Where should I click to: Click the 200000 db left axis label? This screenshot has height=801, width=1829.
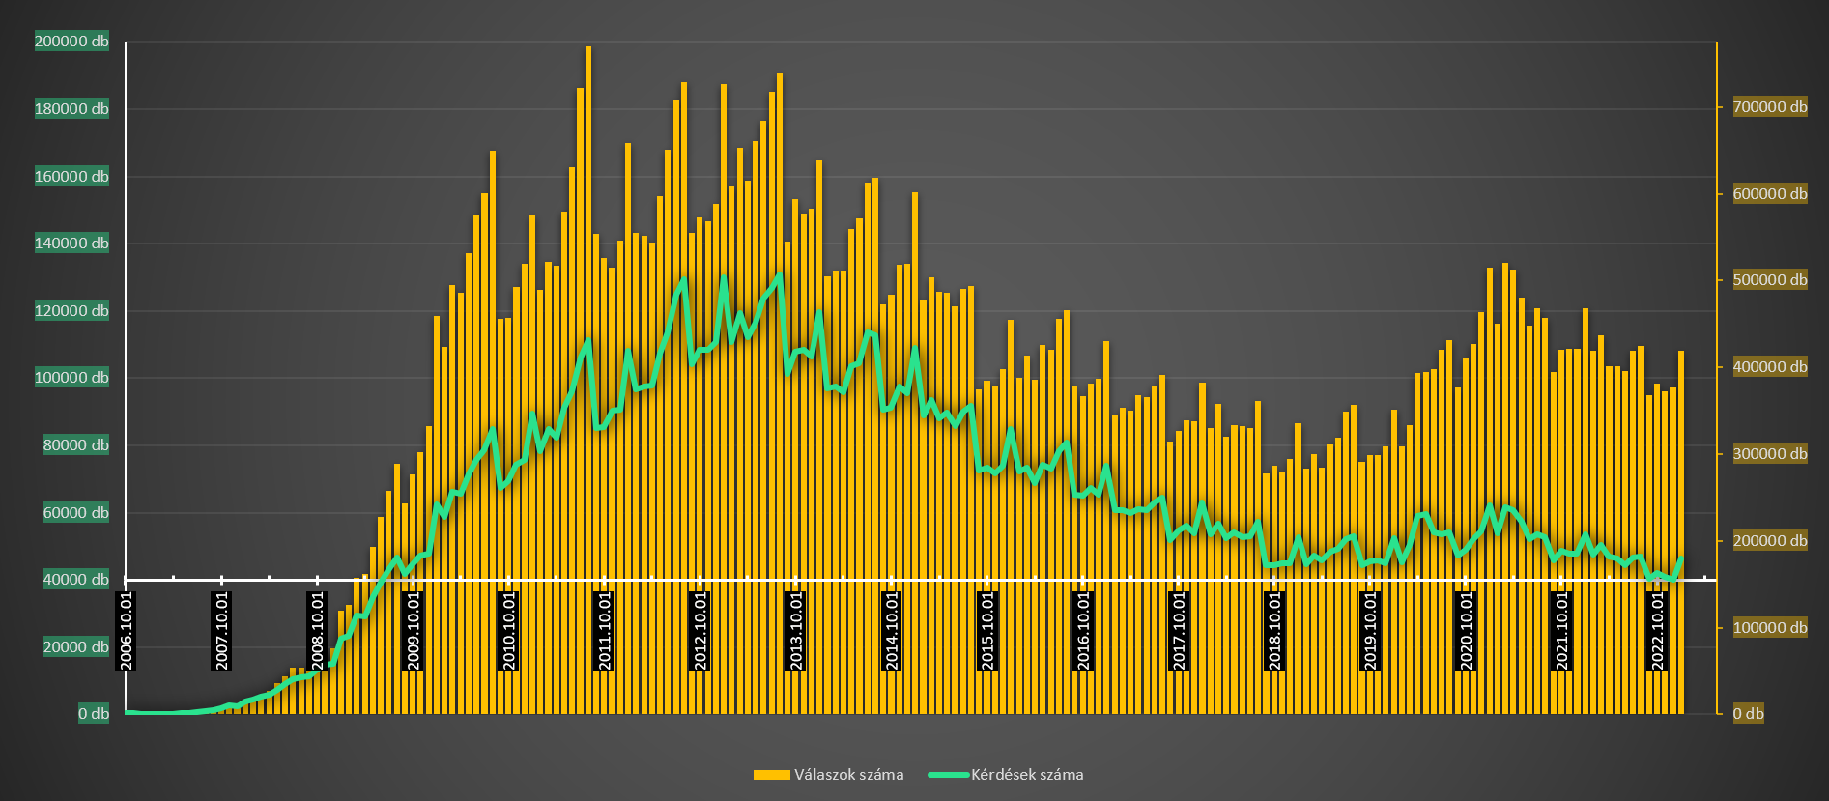point(71,42)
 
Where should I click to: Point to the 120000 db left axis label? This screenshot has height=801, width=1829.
point(71,310)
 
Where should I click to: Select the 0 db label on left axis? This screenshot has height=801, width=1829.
point(94,714)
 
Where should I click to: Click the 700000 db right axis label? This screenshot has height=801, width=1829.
point(1770,107)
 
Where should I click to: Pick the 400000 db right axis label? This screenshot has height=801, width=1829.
point(1770,367)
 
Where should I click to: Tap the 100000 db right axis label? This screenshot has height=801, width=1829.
point(1770,628)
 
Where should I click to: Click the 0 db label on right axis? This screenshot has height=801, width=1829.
point(1748,714)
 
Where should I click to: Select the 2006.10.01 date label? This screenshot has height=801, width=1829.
point(127,631)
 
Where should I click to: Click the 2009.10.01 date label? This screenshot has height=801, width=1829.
point(414,631)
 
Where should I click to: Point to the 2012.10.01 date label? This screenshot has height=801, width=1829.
point(700,631)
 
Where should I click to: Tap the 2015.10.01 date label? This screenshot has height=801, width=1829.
point(987,631)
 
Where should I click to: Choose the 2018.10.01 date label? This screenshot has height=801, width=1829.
point(1274,631)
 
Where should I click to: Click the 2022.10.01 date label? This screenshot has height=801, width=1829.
point(1657,631)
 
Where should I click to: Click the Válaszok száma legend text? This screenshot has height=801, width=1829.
point(848,775)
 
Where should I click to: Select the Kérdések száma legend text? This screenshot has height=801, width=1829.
point(1027,775)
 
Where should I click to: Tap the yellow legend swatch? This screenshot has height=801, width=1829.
point(771,775)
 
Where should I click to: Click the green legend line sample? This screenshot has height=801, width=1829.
point(948,775)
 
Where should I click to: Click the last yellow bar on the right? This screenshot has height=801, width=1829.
point(1681,531)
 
